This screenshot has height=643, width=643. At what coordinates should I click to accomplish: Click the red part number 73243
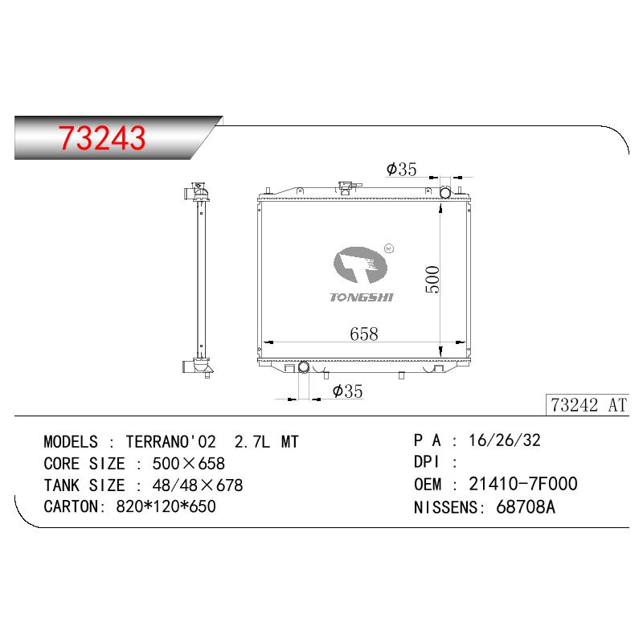(x=102, y=137)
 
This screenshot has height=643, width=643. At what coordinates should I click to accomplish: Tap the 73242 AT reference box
(x=588, y=405)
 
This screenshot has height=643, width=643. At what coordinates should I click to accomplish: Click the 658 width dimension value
(x=364, y=334)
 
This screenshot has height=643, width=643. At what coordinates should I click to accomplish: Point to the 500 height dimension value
(x=432, y=279)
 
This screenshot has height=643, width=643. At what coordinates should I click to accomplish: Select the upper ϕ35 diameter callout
(x=401, y=169)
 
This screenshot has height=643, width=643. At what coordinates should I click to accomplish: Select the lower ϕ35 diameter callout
(x=348, y=391)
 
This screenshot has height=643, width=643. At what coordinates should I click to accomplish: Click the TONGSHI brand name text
(x=362, y=297)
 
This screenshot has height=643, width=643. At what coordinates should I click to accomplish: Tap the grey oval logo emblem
(x=360, y=265)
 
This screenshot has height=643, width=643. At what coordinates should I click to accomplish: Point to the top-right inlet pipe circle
(x=445, y=192)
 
